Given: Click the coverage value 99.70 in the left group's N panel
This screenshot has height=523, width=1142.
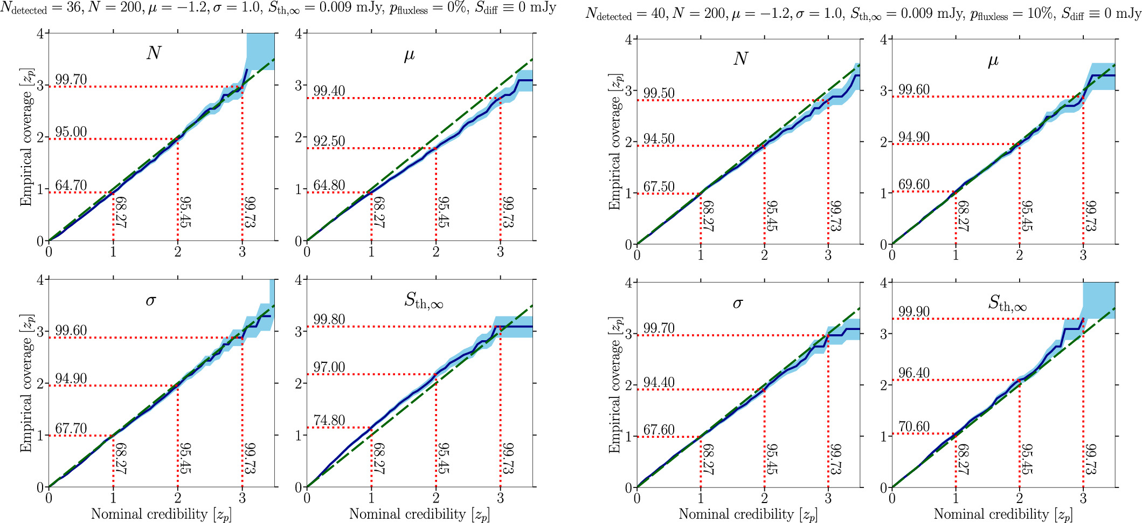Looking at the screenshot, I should click(x=71, y=80).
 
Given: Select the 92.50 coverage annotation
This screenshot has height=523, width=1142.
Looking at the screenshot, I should click(x=329, y=141).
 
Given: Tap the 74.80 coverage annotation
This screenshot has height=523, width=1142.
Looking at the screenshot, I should click(x=329, y=421).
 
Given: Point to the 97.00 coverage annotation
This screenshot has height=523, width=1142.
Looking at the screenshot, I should click(x=329, y=368).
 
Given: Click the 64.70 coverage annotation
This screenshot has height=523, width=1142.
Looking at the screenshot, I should click(x=71, y=185).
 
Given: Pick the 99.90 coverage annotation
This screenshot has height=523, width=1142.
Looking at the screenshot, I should click(x=913, y=312).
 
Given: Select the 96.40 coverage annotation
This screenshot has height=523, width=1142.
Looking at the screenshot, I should click(x=913, y=373).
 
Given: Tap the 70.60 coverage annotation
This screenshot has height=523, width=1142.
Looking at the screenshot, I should click(x=913, y=427).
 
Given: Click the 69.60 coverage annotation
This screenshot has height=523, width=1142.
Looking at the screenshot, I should click(x=913, y=184).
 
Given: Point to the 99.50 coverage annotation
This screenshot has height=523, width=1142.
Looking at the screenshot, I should click(x=659, y=93).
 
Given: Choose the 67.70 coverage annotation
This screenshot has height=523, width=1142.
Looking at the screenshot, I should click(x=71, y=429).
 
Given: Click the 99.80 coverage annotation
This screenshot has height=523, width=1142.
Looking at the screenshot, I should click(x=329, y=319).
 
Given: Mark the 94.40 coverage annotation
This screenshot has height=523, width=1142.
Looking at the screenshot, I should click(x=659, y=383).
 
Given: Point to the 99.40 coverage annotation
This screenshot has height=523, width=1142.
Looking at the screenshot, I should click(x=329, y=91).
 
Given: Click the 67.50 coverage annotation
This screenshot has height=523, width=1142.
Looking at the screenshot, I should click(x=659, y=187).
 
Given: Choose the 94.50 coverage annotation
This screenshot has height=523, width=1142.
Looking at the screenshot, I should click(x=659, y=139).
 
